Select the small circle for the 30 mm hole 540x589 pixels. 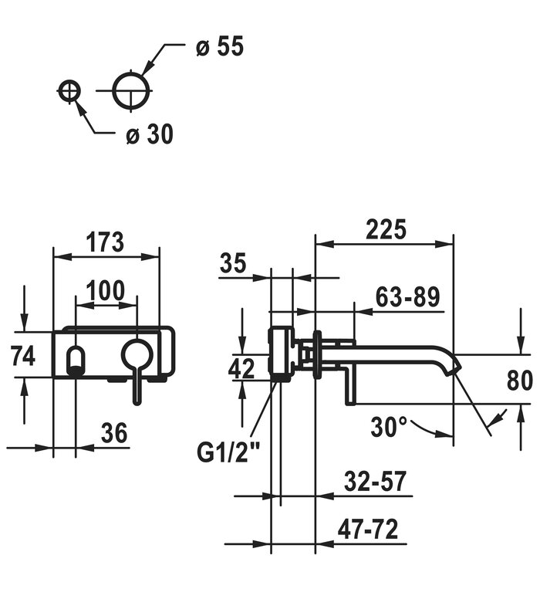pos(69,90)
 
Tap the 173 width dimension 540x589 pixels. pos(105,242)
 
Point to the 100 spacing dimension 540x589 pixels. pos(105,291)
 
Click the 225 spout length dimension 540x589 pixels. pos(385,229)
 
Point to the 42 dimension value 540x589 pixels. pos(241,369)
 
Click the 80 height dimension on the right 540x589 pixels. pos(520,380)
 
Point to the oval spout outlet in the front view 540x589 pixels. pos(76,360)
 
